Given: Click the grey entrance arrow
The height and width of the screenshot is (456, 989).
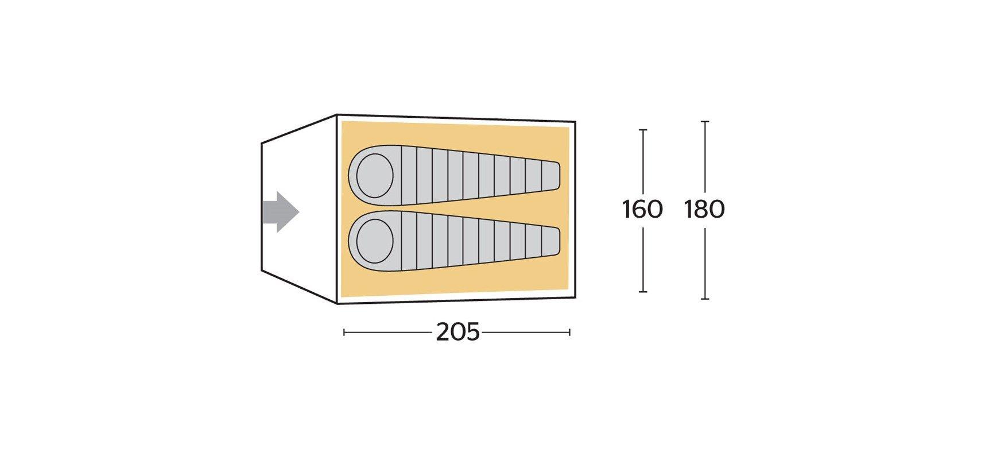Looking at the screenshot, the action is (281, 212).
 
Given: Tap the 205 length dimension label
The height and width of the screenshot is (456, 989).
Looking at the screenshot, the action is (457, 332).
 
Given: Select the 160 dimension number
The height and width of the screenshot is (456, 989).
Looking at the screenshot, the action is (643, 210).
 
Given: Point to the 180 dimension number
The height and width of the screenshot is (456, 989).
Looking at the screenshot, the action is (705, 210).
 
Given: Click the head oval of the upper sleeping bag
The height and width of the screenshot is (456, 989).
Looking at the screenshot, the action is (375, 174).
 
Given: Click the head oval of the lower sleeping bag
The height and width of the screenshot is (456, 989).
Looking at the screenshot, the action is (375, 239).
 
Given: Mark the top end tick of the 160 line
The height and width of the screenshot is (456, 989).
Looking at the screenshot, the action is (643, 130).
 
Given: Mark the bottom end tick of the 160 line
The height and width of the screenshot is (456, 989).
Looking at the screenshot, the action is (643, 292).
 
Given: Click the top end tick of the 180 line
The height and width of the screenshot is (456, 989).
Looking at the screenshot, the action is (705, 122).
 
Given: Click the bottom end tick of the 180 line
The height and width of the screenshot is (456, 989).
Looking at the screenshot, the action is (705, 299).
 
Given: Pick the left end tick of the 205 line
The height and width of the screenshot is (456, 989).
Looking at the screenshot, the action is (344, 332).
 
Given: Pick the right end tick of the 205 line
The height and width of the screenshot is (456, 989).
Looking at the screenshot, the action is (569, 332).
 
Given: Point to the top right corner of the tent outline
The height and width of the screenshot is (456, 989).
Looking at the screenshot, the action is (575, 122).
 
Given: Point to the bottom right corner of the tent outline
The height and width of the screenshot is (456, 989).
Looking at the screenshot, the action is (575, 299).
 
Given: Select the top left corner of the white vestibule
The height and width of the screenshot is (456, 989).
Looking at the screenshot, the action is (262, 142).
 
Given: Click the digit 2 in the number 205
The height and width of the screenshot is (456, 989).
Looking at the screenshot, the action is (443, 332).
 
